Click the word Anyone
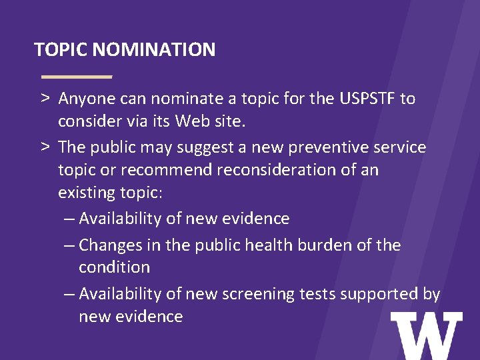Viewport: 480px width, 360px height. [x=87, y=99]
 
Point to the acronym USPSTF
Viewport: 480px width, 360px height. [x=367, y=99]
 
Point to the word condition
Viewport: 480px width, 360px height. [x=114, y=267]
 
